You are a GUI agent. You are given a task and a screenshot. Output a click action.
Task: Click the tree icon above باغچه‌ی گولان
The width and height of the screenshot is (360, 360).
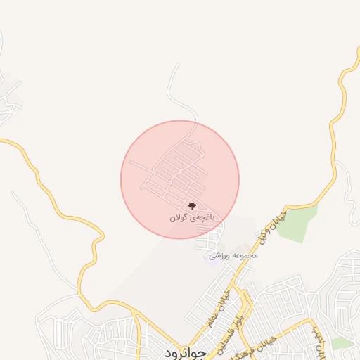pos(191,207)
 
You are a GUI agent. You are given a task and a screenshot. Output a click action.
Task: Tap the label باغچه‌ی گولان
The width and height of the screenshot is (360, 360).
pos(191,218)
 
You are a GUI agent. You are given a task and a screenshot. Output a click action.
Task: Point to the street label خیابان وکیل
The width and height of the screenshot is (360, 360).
pos(274,224)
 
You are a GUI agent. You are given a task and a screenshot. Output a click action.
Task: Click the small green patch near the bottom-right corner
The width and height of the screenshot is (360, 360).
pos(343,342)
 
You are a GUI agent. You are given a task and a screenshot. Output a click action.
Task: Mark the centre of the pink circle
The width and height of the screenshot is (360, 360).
pos(180,179)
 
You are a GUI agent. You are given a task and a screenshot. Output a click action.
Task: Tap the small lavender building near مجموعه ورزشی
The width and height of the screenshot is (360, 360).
pos(212,255)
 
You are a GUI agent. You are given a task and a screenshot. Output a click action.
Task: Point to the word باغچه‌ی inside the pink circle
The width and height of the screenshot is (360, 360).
pos(201,218)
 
